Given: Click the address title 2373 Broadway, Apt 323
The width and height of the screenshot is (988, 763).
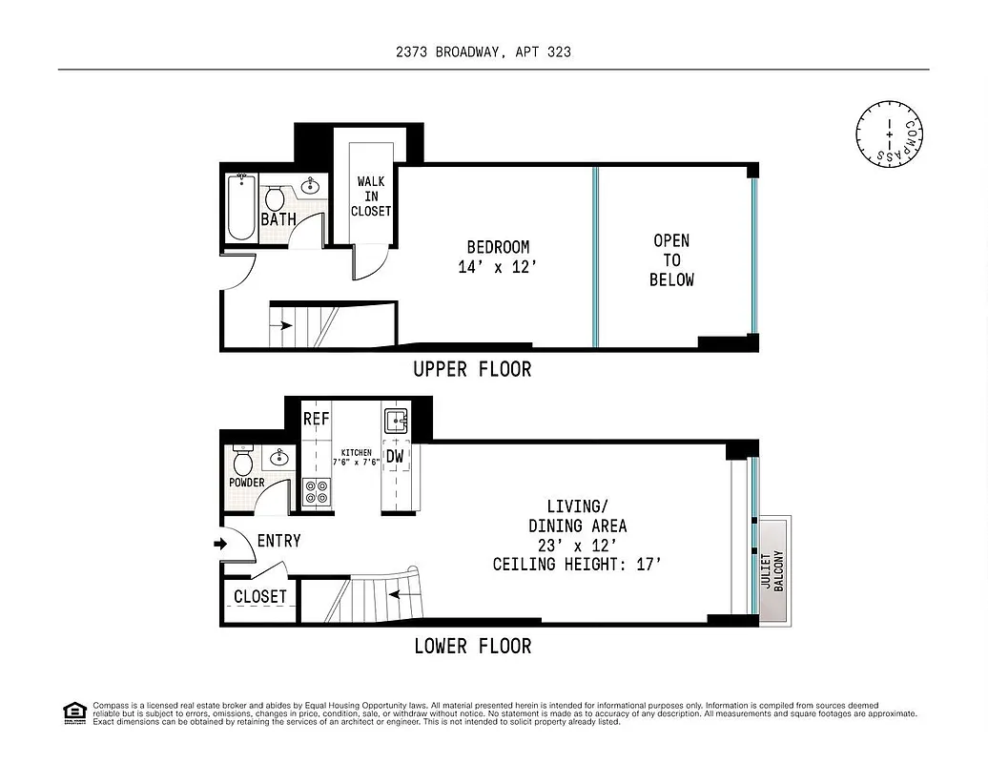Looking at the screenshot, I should pyautogui.click(x=484, y=52).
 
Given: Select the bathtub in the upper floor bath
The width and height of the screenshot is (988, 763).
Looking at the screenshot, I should pyautogui.click(x=241, y=207).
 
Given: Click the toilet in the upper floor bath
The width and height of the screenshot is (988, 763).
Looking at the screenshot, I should pyautogui.click(x=275, y=199).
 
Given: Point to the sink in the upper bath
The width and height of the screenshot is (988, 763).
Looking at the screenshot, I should pyautogui.click(x=311, y=185).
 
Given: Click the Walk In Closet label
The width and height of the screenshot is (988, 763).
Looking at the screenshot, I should pyautogui.click(x=371, y=196).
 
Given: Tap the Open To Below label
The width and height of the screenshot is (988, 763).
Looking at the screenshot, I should pyautogui.click(x=671, y=260).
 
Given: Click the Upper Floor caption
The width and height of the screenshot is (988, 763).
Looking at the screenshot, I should pyautogui.click(x=472, y=369).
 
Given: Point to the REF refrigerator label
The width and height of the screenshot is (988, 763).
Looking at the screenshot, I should pyautogui.click(x=316, y=419).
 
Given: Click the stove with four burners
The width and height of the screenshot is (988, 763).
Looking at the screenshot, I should pyautogui.click(x=316, y=492).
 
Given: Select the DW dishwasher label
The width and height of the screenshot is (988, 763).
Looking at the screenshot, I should pyautogui.click(x=395, y=457).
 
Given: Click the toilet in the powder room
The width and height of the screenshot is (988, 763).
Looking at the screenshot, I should pyautogui.click(x=242, y=462).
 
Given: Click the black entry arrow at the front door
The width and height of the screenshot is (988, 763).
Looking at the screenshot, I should pyautogui.click(x=220, y=544).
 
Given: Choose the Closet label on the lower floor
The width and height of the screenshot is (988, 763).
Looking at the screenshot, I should pyautogui.click(x=259, y=597).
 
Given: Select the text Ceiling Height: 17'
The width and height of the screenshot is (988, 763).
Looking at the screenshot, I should pyautogui.click(x=577, y=565).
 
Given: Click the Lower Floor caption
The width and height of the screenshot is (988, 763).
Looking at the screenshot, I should pyautogui.click(x=472, y=647).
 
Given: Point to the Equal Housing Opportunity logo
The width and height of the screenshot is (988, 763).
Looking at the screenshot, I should pyautogui.click(x=73, y=712).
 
